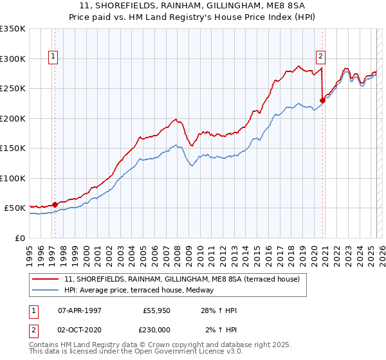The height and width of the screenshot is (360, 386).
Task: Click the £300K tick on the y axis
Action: tap(13, 59)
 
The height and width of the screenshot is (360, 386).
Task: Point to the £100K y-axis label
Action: tap(13, 178)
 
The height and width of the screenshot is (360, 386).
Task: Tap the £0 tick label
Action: tap(19, 238)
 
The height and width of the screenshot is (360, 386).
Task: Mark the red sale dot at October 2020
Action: tap(322, 100)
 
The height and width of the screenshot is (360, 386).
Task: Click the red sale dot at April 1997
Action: tap(55, 204)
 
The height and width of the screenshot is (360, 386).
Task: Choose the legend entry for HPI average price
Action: tap(143, 290)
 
